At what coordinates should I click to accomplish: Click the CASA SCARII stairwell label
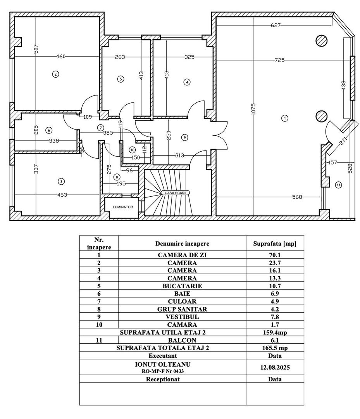click(175, 192)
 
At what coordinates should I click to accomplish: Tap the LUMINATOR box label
click(123, 207)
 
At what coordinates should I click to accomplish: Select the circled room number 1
click(285, 118)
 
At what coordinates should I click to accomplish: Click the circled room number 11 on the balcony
click(338, 185)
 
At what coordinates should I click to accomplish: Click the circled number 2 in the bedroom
click(56, 74)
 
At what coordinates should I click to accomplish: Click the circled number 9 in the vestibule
click(184, 137)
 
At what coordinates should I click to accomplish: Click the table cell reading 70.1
click(274, 255)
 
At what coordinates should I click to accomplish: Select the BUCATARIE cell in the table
click(182, 286)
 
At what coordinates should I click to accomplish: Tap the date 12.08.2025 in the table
click(274, 367)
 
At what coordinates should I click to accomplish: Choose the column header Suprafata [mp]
click(274, 244)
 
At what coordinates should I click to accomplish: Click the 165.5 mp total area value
click(274, 348)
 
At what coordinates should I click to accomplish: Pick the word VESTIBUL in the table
click(182, 317)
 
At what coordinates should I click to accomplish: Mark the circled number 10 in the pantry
click(132, 149)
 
